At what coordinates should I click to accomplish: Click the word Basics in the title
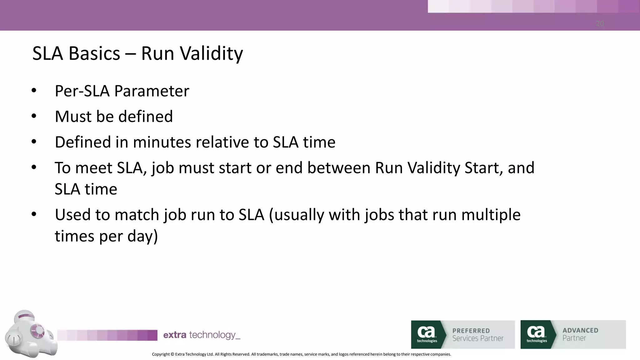[x=94, y=53]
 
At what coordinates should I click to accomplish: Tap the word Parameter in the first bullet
[x=152, y=91]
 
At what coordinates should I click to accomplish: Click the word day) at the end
[x=142, y=236]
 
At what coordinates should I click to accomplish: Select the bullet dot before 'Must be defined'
[x=34, y=116]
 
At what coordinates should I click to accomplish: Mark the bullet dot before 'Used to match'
[x=34, y=214]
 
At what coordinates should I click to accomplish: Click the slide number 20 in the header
[x=600, y=24]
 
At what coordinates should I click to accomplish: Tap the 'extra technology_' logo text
[x=202, y=335]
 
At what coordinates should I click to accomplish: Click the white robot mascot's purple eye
[x=38, y=330]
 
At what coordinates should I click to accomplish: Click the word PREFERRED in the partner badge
[x=471, y=331]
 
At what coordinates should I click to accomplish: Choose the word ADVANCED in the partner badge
[x=580, y=330]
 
